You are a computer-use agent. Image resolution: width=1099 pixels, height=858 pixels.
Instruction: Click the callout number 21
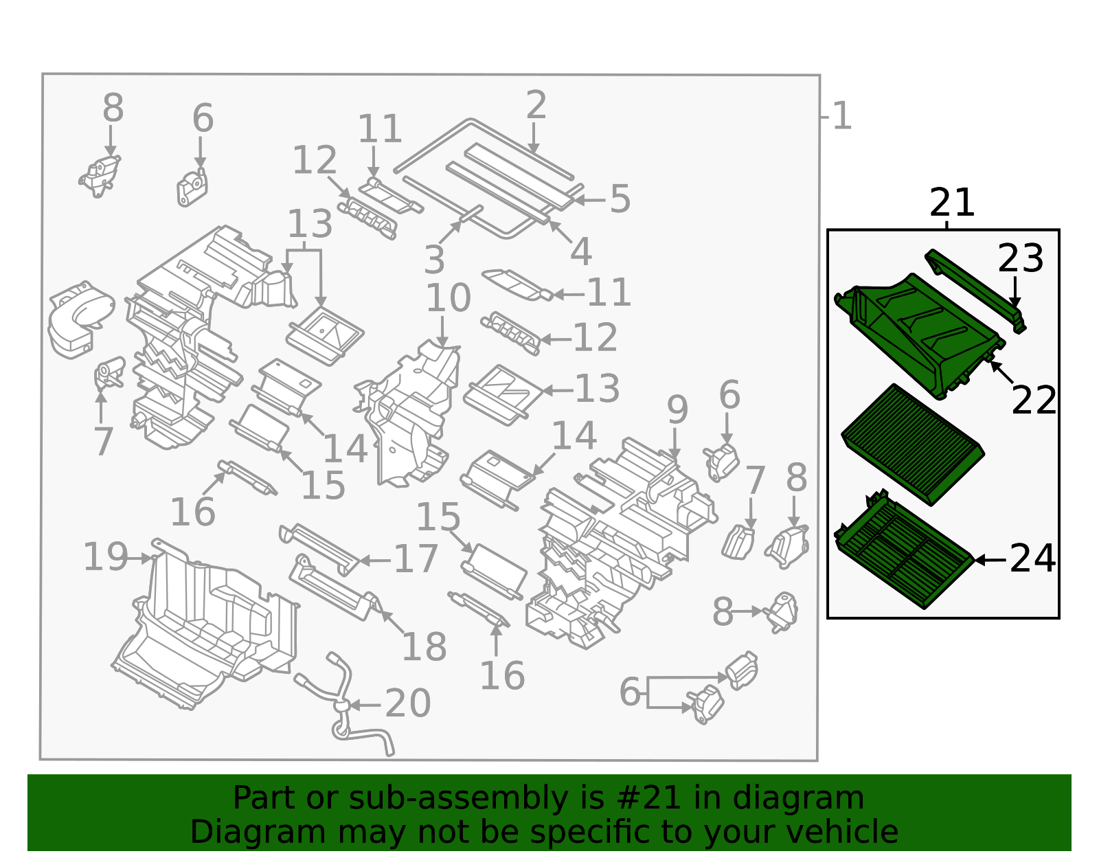[951, 203]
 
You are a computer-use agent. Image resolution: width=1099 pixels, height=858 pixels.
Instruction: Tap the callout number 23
[1020, 259]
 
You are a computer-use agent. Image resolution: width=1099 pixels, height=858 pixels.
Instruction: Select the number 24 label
[1032, 559]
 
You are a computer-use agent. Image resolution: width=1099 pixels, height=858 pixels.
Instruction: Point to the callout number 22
[1034, 400]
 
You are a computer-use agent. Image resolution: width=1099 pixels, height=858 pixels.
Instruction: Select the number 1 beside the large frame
[841, 117]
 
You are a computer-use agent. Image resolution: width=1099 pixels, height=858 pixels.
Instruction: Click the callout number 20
[407, 704]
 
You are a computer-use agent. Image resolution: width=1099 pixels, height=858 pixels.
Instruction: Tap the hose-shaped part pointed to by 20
[343, 701]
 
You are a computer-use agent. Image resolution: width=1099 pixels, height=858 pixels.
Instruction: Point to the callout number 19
[105, 557]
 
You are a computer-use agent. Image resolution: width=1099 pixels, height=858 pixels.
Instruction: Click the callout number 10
[448, 298]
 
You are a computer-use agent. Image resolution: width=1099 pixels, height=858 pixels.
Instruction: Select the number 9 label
[677, 410]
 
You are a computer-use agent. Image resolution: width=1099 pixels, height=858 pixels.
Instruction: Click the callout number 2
[536, 106]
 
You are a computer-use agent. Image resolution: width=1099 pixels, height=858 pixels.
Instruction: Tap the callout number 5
[620, 199]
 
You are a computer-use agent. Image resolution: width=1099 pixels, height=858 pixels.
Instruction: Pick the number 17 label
[416, 559]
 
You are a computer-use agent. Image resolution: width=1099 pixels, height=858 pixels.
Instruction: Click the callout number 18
[424, 647]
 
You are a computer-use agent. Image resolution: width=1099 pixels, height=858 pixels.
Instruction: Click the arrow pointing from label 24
[990, 560]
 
